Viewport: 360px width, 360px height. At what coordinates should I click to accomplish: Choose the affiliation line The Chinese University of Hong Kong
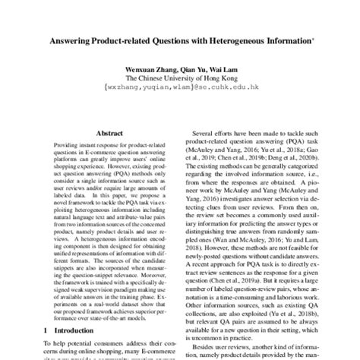179,78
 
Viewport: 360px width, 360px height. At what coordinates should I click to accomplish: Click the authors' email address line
179,87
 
